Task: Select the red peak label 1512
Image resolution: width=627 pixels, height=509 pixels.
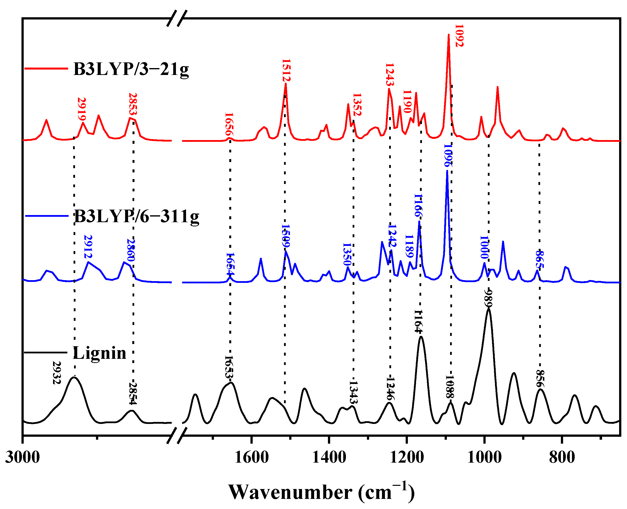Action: [x=286, y=70]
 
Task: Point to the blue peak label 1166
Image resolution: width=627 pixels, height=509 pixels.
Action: [x=418, y=205]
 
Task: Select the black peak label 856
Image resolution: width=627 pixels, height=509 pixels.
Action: [x=540, y=379]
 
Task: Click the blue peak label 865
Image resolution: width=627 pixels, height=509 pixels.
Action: [x=539, y=259]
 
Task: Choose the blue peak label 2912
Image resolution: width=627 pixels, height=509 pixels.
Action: [x=88, y=246]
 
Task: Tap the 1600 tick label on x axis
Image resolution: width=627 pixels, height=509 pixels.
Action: [x=251, y=457]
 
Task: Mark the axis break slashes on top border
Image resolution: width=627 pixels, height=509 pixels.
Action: [x=177, y=18]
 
